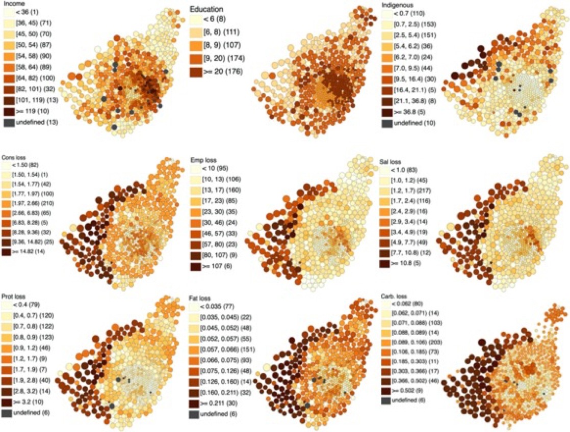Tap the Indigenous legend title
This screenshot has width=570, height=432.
tap(397, 4)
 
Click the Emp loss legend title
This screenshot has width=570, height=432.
tap(202, 159)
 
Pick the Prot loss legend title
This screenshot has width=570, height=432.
tap(13, 296)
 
